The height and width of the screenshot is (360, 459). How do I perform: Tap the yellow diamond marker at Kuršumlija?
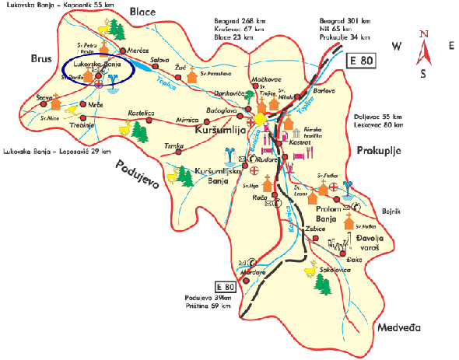coord(258,118)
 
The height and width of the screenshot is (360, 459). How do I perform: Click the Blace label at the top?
coord(143,12)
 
